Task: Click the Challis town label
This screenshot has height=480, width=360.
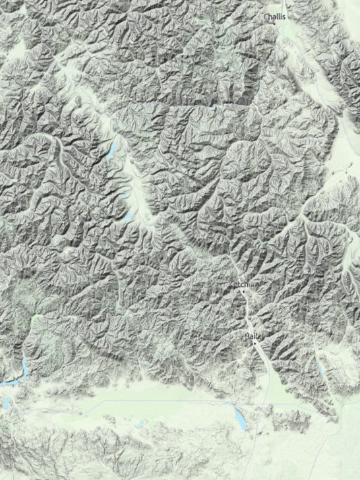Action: click(275, 16)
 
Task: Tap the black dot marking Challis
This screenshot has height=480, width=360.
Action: click(274, 23)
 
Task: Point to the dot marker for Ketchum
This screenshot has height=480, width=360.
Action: click(243, 290)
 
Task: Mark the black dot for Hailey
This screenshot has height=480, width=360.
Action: click(255, 342)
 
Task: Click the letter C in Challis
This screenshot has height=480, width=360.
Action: click(266, 16)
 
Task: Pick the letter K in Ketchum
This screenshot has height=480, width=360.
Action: click(231, 284)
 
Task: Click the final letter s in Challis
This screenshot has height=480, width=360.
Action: click(285, 16)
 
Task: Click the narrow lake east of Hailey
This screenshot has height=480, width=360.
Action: click(321, 370)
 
